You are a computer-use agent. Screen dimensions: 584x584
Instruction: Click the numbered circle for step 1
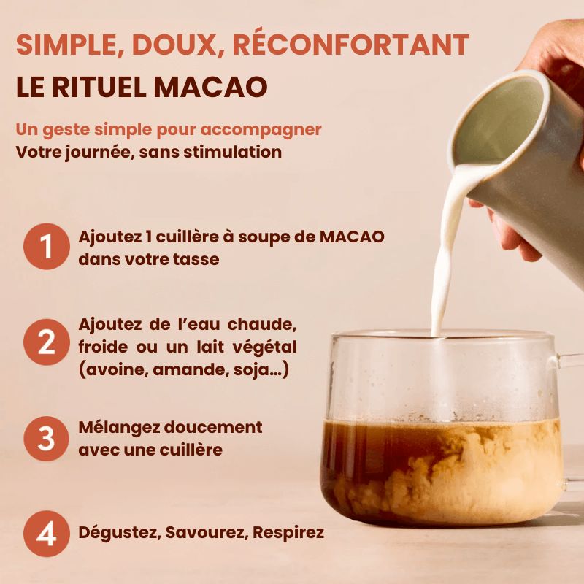[x=46, y=247]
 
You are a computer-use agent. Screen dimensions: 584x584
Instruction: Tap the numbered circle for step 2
[x=46, y=342]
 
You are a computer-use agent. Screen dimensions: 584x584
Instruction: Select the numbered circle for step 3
[x=46, y=438]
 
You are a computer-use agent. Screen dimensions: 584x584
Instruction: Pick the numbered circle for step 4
[x=46, y=534]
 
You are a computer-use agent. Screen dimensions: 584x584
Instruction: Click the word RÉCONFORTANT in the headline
[x=350, y=45]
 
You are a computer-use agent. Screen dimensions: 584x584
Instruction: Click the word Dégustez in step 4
[x=117, y=533]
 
